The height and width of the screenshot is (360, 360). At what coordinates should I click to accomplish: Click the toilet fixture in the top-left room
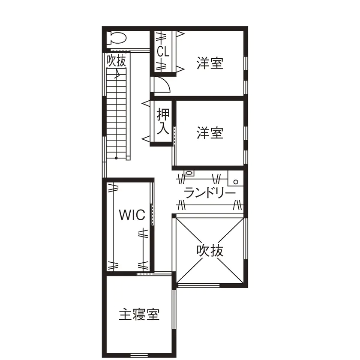click(x=117, y=38)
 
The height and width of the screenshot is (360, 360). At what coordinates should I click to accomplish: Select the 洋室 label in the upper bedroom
click(x=210, y=63)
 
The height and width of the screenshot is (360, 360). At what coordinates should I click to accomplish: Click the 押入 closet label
click(x=163, y=121)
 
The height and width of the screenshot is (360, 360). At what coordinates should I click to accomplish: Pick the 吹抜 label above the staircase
click(x=117, y=60)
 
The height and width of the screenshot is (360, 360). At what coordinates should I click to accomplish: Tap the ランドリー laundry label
click(x=210, y=193)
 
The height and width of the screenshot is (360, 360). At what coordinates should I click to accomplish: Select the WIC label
click(x=132, y=215)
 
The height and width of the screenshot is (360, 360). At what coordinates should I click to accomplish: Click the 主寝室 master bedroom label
click(x=139, y=314)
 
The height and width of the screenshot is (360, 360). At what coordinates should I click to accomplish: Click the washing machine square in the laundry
click(x=236, y=178)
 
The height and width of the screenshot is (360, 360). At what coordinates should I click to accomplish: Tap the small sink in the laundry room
click(x=189, y=173)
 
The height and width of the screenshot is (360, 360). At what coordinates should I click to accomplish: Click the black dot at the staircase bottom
click(x=116, y=158)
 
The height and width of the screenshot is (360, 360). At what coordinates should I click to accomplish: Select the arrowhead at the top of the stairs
click(x=117, y=74)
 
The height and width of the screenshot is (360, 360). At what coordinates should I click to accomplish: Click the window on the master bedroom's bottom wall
click(x=139, y=355)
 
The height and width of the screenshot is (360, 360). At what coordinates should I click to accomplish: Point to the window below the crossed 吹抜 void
click(x=199, y=286)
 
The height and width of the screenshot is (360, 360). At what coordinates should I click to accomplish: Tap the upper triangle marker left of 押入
click(x=146, y=104)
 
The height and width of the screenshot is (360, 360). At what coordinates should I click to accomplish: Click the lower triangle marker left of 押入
click(x=146, y=139)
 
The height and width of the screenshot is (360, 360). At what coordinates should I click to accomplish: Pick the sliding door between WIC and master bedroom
click(x=154, y=274)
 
